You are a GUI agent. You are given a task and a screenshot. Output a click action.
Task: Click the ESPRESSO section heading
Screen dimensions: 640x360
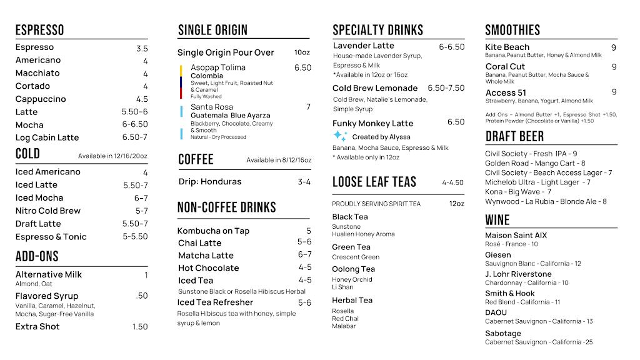click(39, 30)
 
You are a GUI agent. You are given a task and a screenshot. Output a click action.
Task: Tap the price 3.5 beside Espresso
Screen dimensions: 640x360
click(142, 48)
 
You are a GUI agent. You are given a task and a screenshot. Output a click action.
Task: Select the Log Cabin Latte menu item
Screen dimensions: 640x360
click(47, 137)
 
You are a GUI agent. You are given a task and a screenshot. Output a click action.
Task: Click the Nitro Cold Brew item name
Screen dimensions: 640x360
click(48, 211)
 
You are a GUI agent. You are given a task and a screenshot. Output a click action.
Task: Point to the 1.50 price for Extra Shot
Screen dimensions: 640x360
click(140, 327)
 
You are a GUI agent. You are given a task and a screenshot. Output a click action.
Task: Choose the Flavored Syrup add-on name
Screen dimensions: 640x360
click(47, 296)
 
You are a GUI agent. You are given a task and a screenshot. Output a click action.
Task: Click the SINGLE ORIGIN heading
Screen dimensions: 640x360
click(212, 30)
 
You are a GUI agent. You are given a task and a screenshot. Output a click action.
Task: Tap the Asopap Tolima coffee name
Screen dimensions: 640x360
click(218, 67)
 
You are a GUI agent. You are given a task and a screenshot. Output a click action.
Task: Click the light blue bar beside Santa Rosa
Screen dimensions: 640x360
click(181, 112)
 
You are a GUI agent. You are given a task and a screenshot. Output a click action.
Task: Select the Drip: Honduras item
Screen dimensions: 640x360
click(210, 182)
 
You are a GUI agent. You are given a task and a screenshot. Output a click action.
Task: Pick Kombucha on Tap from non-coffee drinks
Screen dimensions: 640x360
click(213, 231)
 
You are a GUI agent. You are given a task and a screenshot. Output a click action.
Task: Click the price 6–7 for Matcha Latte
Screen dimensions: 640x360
click(304, 255)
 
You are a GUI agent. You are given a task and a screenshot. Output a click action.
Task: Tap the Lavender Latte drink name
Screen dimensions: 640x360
click(364, 46)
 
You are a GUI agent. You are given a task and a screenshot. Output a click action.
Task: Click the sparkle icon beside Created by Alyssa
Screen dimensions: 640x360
click(340, 136)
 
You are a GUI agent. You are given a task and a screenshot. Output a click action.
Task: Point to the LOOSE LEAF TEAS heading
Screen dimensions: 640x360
click(374, 182)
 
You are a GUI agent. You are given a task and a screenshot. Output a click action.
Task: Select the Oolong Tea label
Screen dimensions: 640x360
click(354, 269)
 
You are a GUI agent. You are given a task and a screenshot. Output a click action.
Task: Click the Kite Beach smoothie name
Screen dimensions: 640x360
click(507, 47)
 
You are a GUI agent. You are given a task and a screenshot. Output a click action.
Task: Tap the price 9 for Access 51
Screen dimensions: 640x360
click(614, 92)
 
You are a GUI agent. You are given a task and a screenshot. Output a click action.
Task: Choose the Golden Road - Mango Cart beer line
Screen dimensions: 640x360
click(535, 163)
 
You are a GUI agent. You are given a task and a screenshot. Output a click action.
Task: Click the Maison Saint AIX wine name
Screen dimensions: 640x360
click(516, 236)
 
